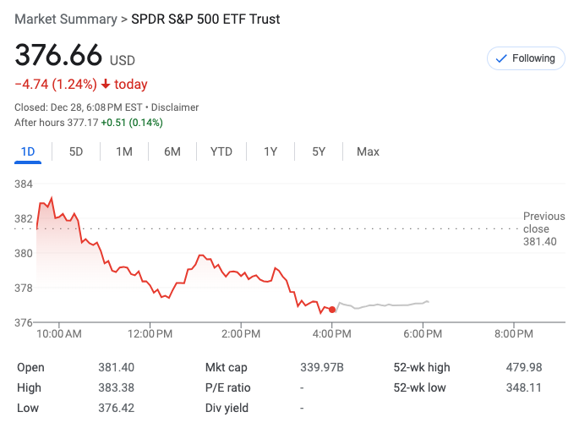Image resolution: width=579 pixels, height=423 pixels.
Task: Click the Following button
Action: [x=526, y=58]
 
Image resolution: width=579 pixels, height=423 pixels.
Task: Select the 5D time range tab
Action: [x=76, y=151]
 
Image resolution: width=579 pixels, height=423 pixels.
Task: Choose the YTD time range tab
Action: [x=221, y=151]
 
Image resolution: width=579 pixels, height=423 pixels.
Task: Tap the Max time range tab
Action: [x=368, y=151]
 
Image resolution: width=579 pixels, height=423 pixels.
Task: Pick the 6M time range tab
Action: [x=172, y=151]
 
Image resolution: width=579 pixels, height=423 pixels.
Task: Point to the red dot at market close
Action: [x=332, y=310]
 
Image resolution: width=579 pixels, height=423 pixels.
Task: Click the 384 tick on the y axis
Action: [x=24, y=184]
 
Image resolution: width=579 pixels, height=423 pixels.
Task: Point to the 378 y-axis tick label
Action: [x=24, y=288]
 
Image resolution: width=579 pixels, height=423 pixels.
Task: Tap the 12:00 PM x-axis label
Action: [x=150, y=334]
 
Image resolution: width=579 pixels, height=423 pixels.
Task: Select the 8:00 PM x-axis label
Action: [x=514, y=334]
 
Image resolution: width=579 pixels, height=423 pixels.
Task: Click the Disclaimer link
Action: [x=175, y=107]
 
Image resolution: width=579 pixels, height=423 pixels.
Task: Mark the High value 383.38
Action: [x=116, y=387]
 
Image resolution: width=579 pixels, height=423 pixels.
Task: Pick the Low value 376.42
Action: [x=116, y=408]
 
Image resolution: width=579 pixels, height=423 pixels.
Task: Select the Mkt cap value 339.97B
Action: [x=322, y=367]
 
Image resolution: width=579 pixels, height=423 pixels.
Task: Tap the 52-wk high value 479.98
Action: [x=523, y=367]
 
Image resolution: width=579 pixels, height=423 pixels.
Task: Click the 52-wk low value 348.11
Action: [x=523, y=387]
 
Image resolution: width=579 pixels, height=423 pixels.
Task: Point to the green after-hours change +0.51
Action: [x=115, y=123]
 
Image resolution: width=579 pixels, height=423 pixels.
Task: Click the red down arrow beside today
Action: [x=106, y=85]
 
